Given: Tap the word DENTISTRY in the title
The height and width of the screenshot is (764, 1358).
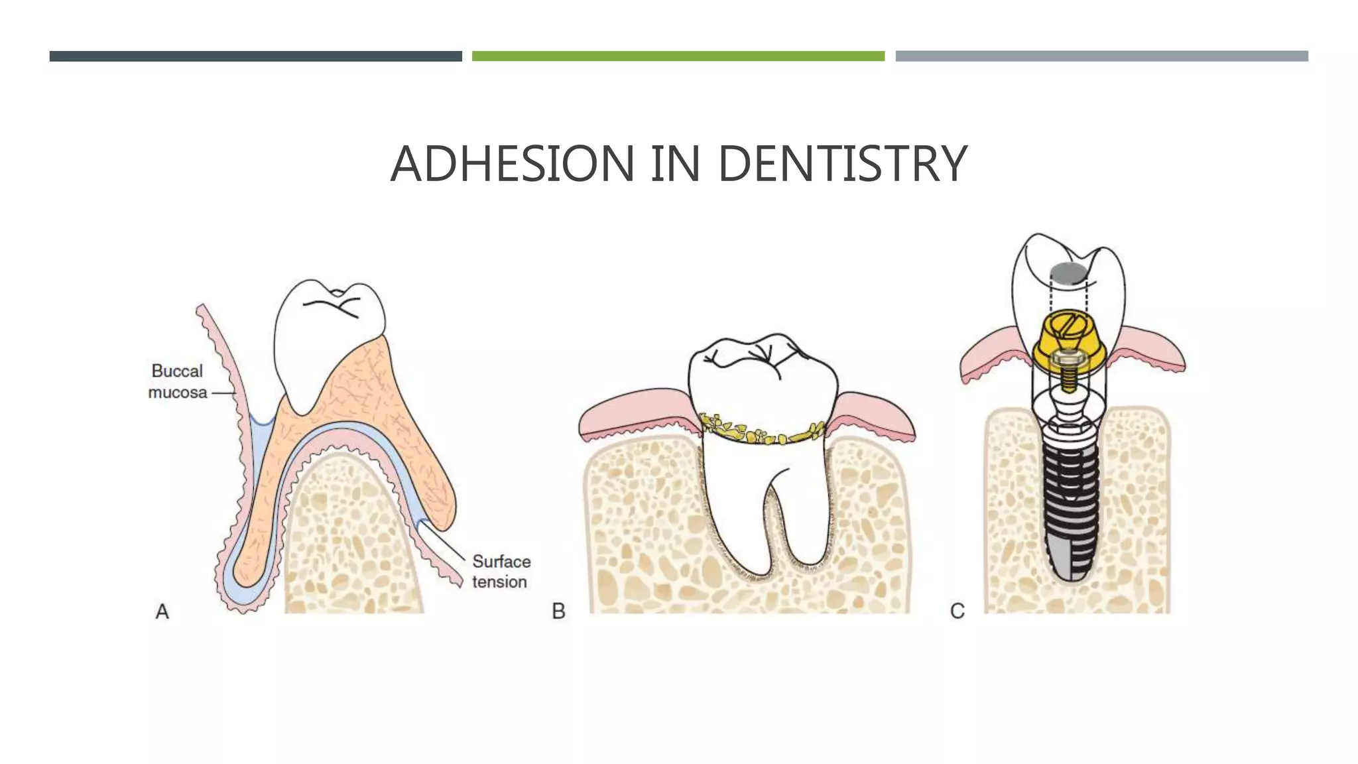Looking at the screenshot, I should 842,164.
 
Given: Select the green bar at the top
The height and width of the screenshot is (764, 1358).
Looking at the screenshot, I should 678,56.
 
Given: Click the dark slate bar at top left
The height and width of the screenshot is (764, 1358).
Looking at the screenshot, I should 255,56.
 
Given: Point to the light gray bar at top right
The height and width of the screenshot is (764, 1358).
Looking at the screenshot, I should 1101,56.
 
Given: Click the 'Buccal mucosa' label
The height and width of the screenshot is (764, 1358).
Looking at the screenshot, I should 177,381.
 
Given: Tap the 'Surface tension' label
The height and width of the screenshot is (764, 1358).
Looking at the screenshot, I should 501,571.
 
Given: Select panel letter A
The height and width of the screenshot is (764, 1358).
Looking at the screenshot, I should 162,611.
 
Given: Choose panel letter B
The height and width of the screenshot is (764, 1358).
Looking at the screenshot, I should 558,611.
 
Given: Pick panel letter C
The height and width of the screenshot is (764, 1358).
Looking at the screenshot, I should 957,611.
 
